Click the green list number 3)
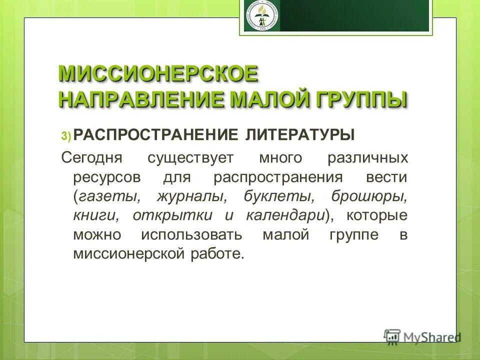(x=67, y=136)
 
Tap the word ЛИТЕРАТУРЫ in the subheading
(x=300, y=134)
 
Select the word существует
(x=190, y=158)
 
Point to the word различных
(x=367, y=158)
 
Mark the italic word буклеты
(x=273, y=196)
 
